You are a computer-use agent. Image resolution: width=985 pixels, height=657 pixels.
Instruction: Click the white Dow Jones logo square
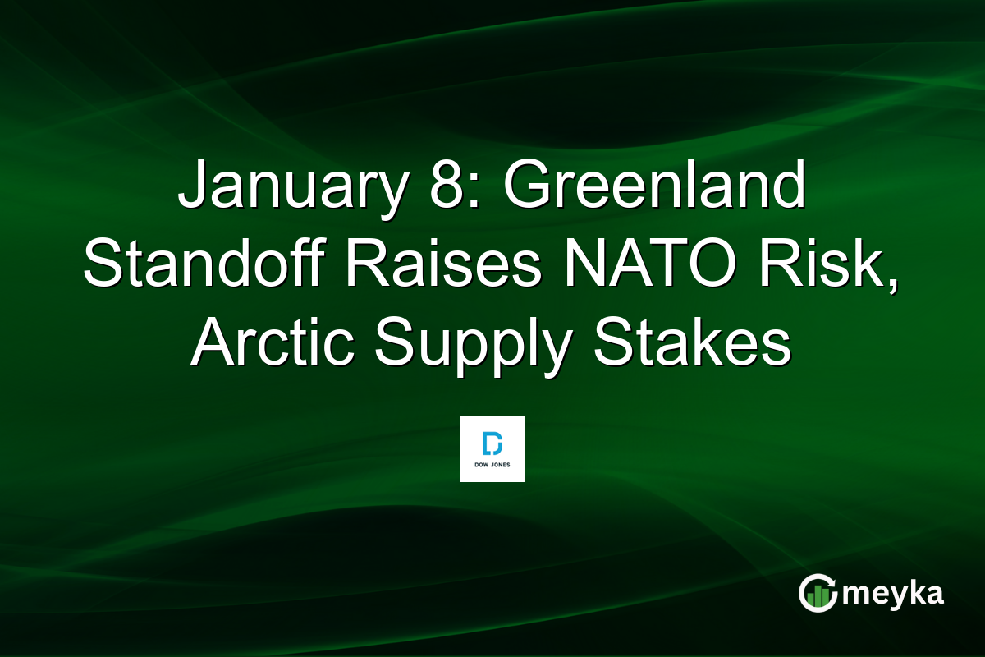coord(492,449)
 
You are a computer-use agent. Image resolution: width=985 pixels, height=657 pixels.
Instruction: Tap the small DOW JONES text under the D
coord(492,466)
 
